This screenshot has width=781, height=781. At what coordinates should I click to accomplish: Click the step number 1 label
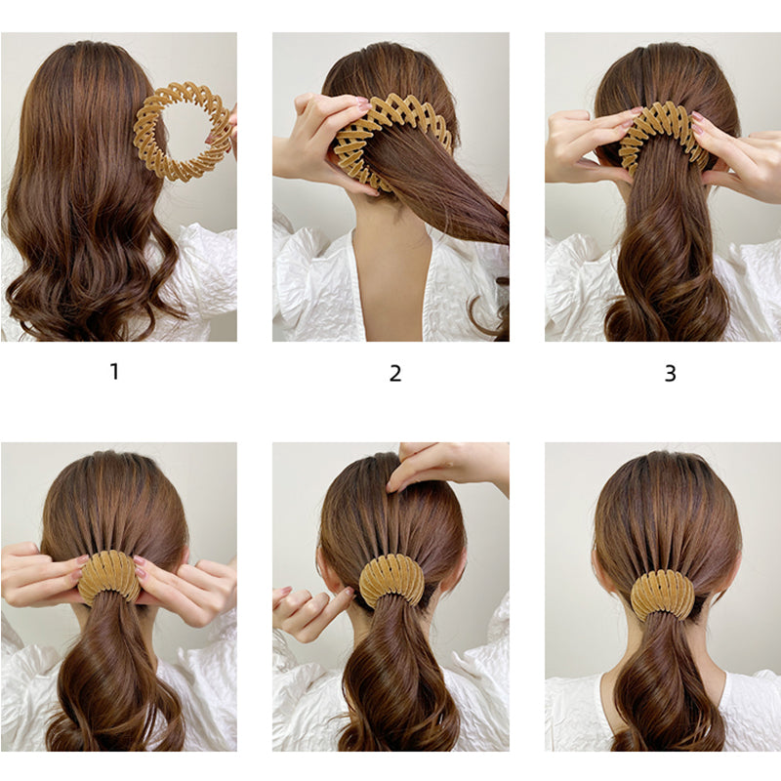click(114, 372)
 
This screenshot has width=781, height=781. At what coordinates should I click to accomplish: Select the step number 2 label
click(395, 373)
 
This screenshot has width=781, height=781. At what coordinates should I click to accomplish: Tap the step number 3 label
click(670, 373)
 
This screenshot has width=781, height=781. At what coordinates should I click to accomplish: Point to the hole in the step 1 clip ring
click(189, 132)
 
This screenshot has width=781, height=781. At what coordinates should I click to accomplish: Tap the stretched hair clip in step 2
click(390, 122)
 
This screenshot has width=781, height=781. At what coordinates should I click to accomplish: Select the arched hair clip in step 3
click(665, 132)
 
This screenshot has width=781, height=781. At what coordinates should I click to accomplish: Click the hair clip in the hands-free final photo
click(664, 594)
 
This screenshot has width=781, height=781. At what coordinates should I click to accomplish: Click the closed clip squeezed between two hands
click(108, 576)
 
